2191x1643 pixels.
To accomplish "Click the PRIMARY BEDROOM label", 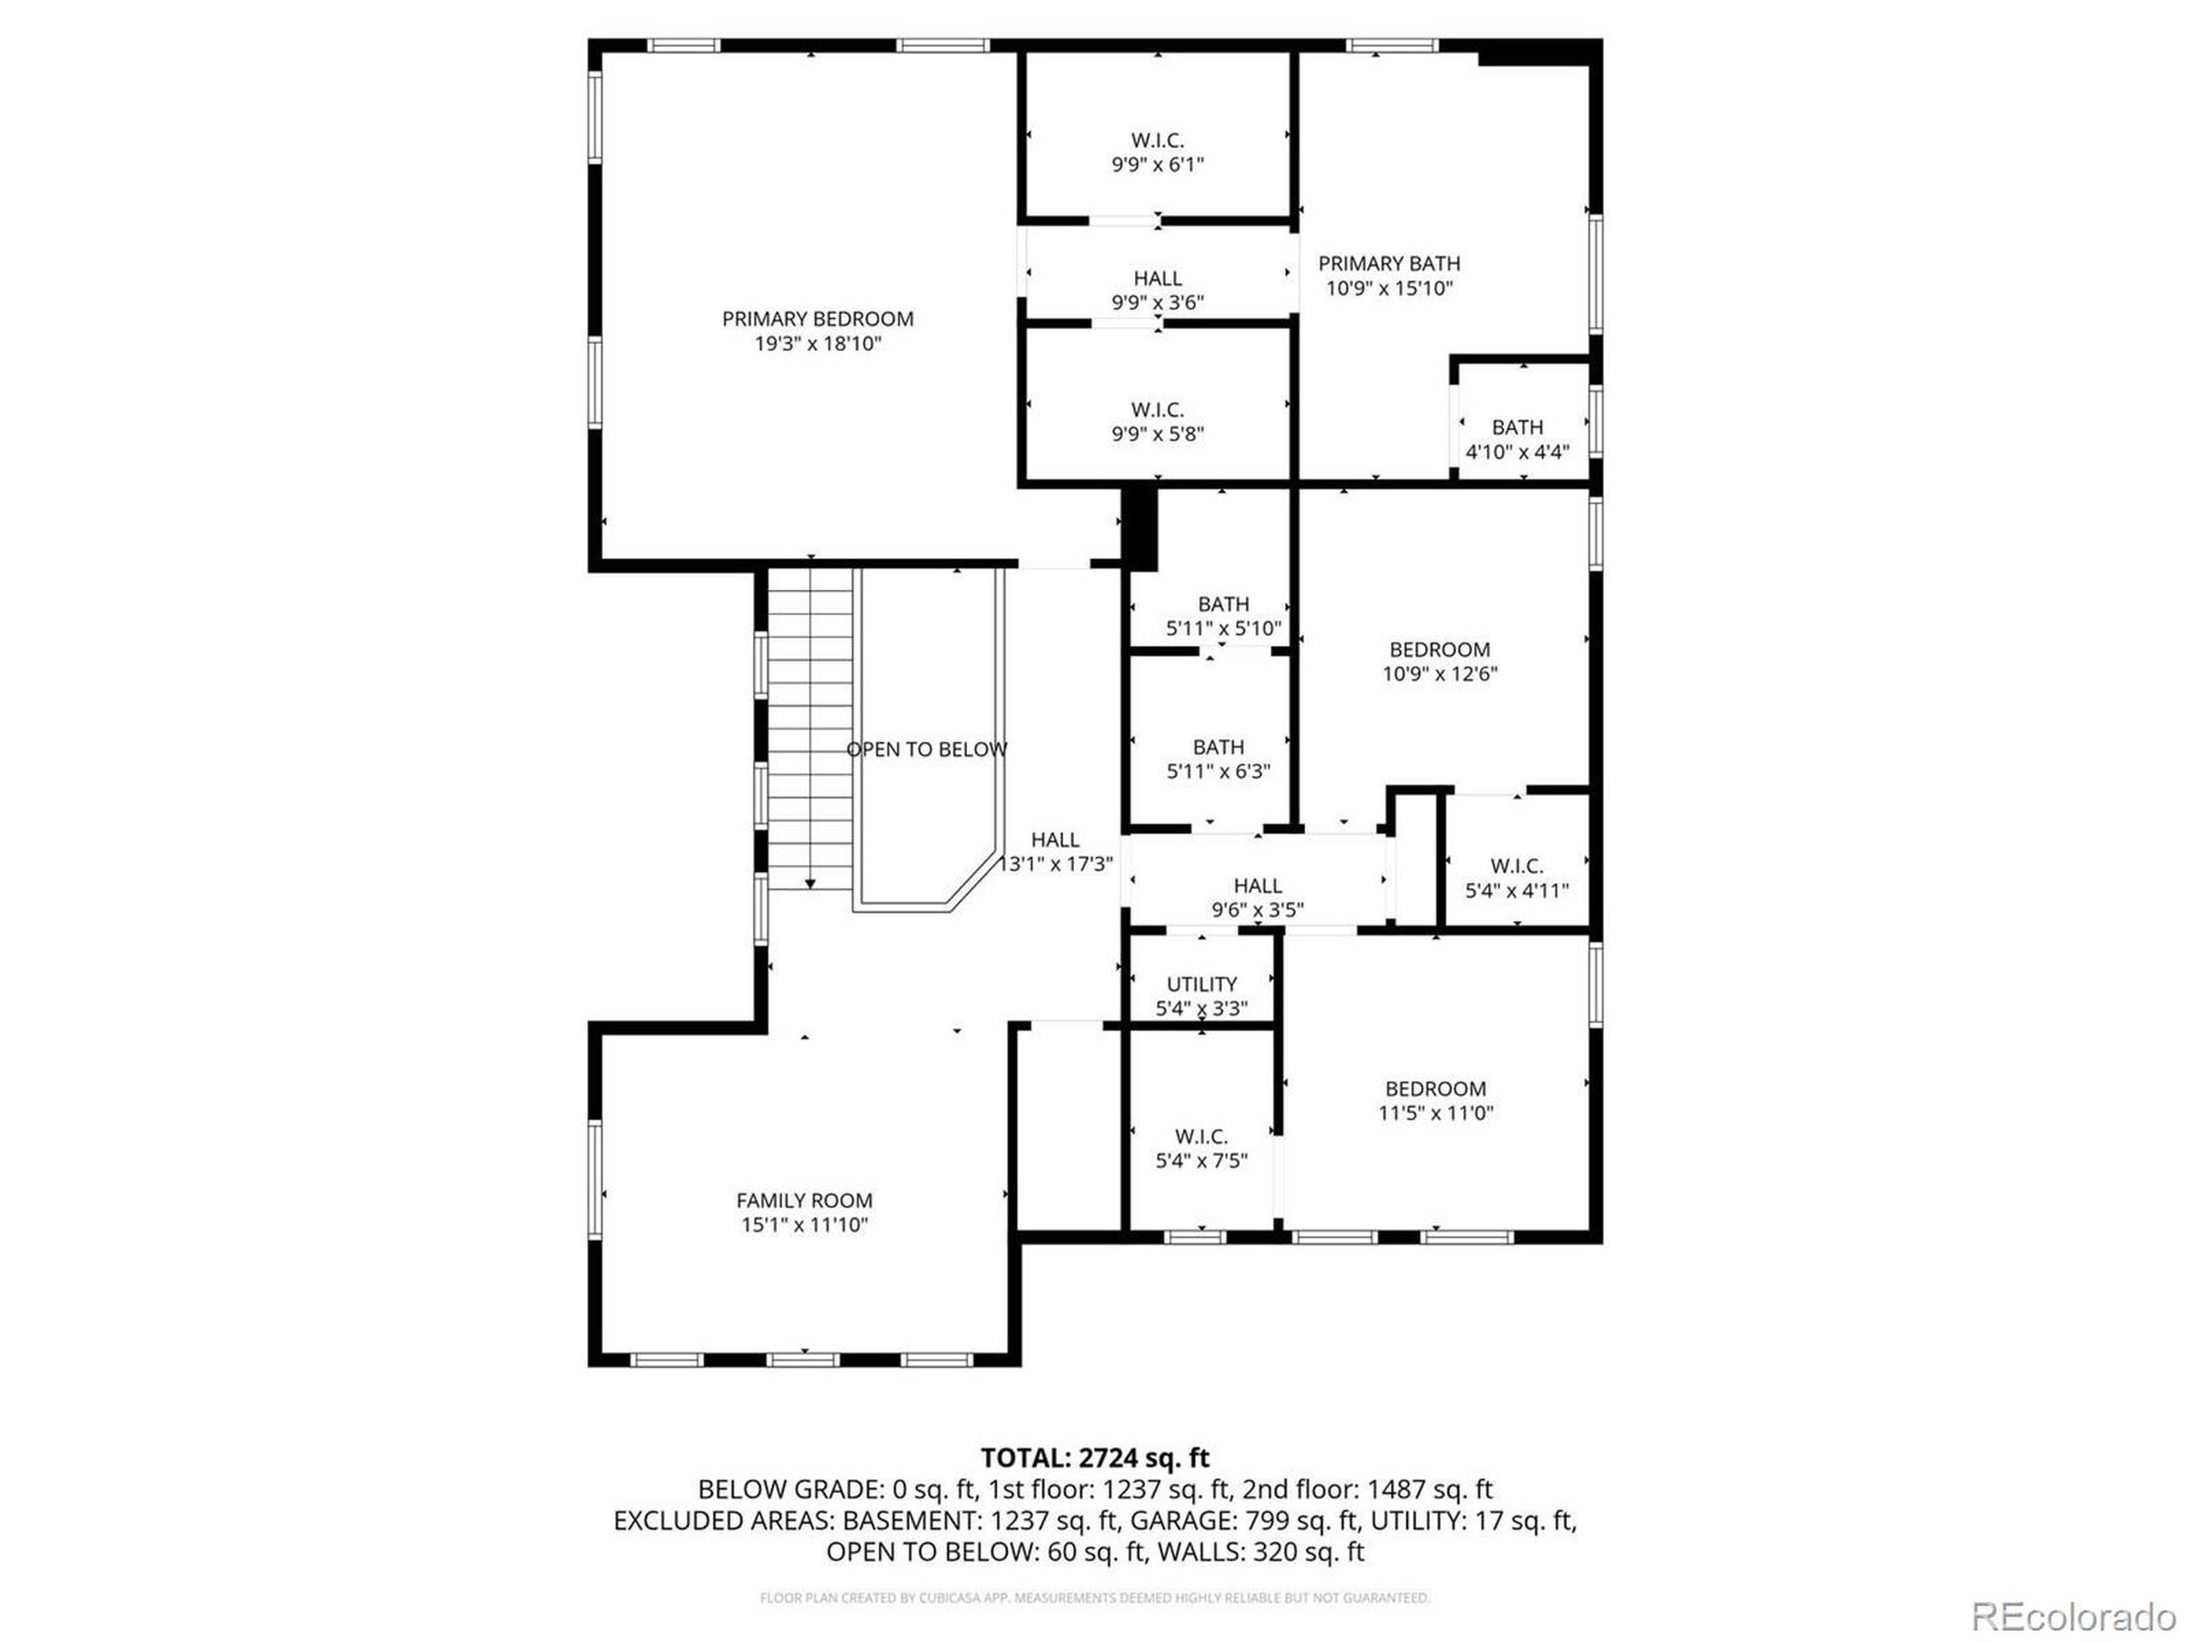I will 817,319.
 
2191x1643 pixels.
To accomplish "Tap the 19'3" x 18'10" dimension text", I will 817,344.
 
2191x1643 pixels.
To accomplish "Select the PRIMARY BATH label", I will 1389,264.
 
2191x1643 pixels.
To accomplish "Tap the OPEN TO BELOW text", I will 926,750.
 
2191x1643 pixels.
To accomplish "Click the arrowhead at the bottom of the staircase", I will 810,883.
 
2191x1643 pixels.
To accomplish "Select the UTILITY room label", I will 1201,983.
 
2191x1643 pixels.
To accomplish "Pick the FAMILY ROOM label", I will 804,1201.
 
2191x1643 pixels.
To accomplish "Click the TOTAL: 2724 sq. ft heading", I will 1095,1458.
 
